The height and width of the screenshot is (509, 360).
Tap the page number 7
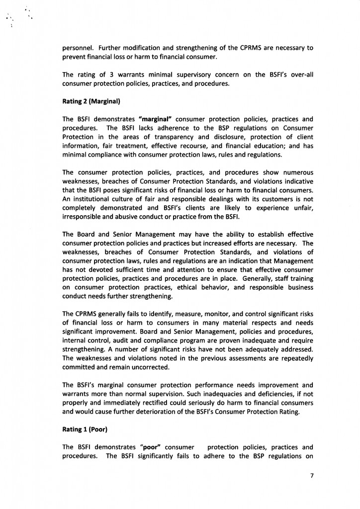point(312,475)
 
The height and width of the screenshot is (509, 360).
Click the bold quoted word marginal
point(158,119)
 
